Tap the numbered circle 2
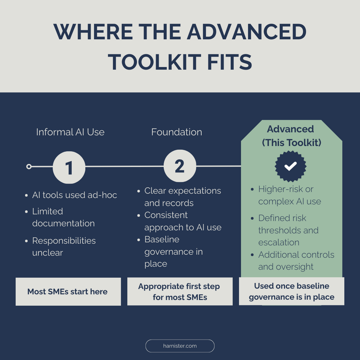click(180, 166)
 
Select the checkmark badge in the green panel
click(291, 166)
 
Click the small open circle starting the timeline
click(29, 167)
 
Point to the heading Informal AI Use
click(70, 132)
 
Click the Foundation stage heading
click(177, 132)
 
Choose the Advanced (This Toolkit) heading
click(291, 136)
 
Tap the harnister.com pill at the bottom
click(180, 346)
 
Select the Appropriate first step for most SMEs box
click(179, 292)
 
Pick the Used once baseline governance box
click(292, 292)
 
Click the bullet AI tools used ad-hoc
click(75, 195)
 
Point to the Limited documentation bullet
click(63, 217)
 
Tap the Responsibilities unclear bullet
click(64, 246)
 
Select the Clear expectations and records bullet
click(182, 197)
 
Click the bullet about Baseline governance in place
click(173, 251)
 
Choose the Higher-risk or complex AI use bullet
click(289, 195)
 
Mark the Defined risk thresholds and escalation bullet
click(288, 230)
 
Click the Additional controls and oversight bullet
click(296, 260)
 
